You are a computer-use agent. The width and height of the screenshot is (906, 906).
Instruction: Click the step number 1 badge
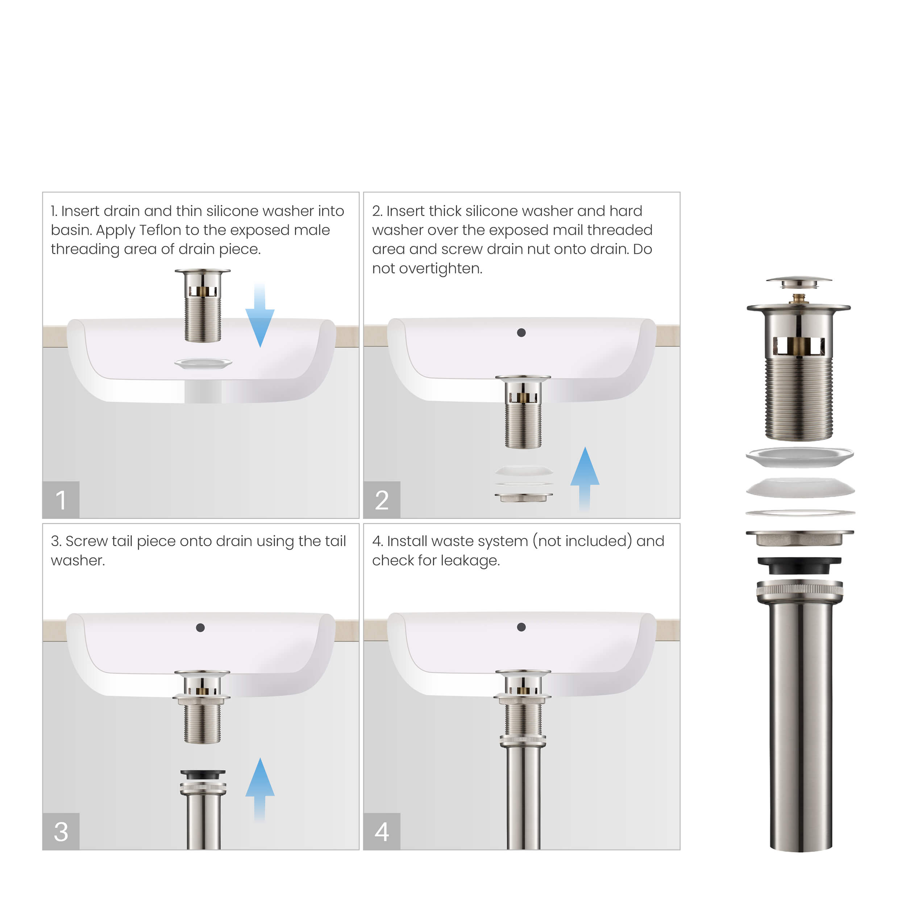(x=61, y=499)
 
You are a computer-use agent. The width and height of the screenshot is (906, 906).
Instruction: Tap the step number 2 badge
(x=381, y=499)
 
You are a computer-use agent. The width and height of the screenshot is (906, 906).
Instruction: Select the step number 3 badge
(x=61, y=831)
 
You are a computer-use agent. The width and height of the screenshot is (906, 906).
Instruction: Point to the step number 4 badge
(x=381, y=831)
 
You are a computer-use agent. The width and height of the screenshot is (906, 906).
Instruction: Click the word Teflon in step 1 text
(x=161, y=230)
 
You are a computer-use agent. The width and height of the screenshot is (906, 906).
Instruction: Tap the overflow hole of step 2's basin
(x=521, y=332)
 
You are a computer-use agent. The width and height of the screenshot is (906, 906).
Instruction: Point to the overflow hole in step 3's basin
(x=200, y=627)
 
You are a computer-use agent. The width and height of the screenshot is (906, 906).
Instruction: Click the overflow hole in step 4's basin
(x=521, y=627)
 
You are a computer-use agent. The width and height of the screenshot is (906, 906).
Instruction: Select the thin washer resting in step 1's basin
(x=203, y=363)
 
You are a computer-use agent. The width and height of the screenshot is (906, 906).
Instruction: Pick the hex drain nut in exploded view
(x=799, y=538)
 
